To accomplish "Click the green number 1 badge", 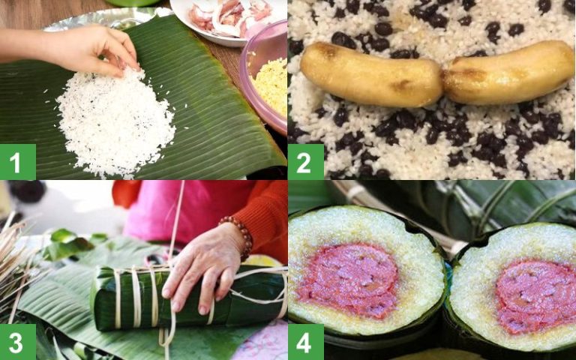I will pyautogui.click(x=17, y=162).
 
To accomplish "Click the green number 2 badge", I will pyautogui.click(x=306, y=162).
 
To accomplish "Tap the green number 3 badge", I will pyautogui.click(x=17, y=342).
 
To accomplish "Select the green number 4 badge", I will pyautogui.click(x=306, y=342).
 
